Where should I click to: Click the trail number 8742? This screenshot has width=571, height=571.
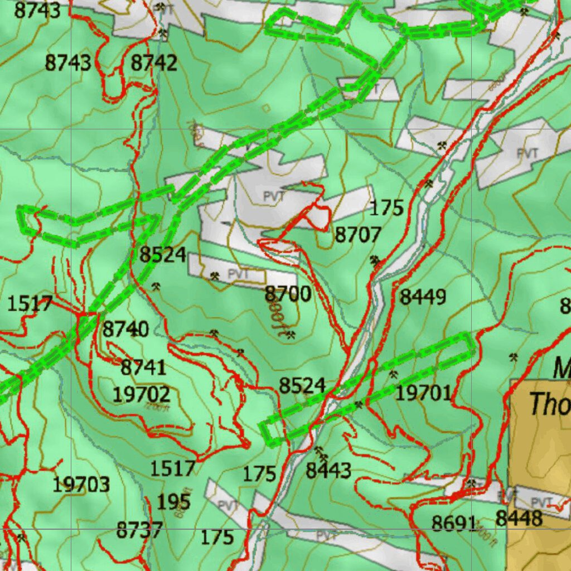[x=154, y=63]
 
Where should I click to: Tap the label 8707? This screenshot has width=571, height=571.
[x=357, y=235]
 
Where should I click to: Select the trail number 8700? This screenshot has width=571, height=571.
[x=288, y=293]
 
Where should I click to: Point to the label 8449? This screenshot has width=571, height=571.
[x=423, y=297]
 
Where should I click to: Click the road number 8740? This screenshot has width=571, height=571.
[x=125, y=330]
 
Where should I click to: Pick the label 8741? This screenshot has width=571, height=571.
[x=143, y=368]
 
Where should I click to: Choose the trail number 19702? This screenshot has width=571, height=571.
[x=141, y=395]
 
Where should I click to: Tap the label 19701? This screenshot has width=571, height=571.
[x=423, y=394]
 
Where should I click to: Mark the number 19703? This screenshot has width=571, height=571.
[x=81, y=484]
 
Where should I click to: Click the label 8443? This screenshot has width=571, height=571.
[x=328, y=471]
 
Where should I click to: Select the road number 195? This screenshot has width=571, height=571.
[x=173, y=501]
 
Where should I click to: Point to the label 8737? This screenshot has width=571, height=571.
[x=139, y=530]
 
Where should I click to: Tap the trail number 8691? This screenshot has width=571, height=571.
[x=454, y=523]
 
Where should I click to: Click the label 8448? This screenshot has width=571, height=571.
[x=519, y=518]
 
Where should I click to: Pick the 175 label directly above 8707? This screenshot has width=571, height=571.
[x=386, y=208]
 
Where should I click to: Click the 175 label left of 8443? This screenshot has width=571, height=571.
[x=259, y=474]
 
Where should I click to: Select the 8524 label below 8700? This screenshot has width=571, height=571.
[x=302, y=385]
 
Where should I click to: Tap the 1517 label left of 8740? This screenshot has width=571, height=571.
[x=30, y=304]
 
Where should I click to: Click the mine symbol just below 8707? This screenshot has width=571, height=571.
[x=375, y=259]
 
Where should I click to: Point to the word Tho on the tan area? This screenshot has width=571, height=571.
[x=549, y=404]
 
